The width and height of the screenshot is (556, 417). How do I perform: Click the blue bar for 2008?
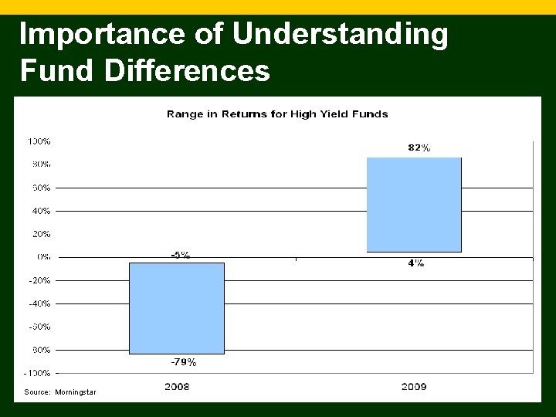click(x=176, y=308)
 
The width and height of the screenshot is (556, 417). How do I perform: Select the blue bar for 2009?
click(x=414, y=205)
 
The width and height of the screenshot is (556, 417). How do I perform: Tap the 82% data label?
click(x=419, y=147)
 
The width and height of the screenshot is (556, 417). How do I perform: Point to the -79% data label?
click(x=183, y=361)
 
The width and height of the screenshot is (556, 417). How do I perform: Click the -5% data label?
click(x=180, y=255)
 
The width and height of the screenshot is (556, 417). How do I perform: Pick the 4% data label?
click(x=415, y=263)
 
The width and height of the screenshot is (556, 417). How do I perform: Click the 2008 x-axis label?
click(x=177, y=386)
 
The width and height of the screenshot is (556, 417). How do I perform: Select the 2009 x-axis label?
click(x=414, y=386)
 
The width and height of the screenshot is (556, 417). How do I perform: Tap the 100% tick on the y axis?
click(x=39, y=141)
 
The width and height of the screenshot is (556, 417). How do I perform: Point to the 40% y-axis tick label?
click(x=42, y=210)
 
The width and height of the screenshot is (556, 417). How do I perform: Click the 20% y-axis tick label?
click(x=42, y=233)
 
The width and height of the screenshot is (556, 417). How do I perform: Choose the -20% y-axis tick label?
click(x=39, y=280)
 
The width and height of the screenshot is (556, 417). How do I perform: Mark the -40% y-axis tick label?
click(x=39, y=303)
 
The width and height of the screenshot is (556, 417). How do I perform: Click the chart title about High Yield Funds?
click(x=277, y=114)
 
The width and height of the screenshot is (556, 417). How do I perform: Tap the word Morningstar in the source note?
click(x=76, y=392)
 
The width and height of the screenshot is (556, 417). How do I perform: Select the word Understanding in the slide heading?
click(x=340, y=35)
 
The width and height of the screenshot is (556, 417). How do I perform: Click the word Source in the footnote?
click(x=37, y=392)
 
